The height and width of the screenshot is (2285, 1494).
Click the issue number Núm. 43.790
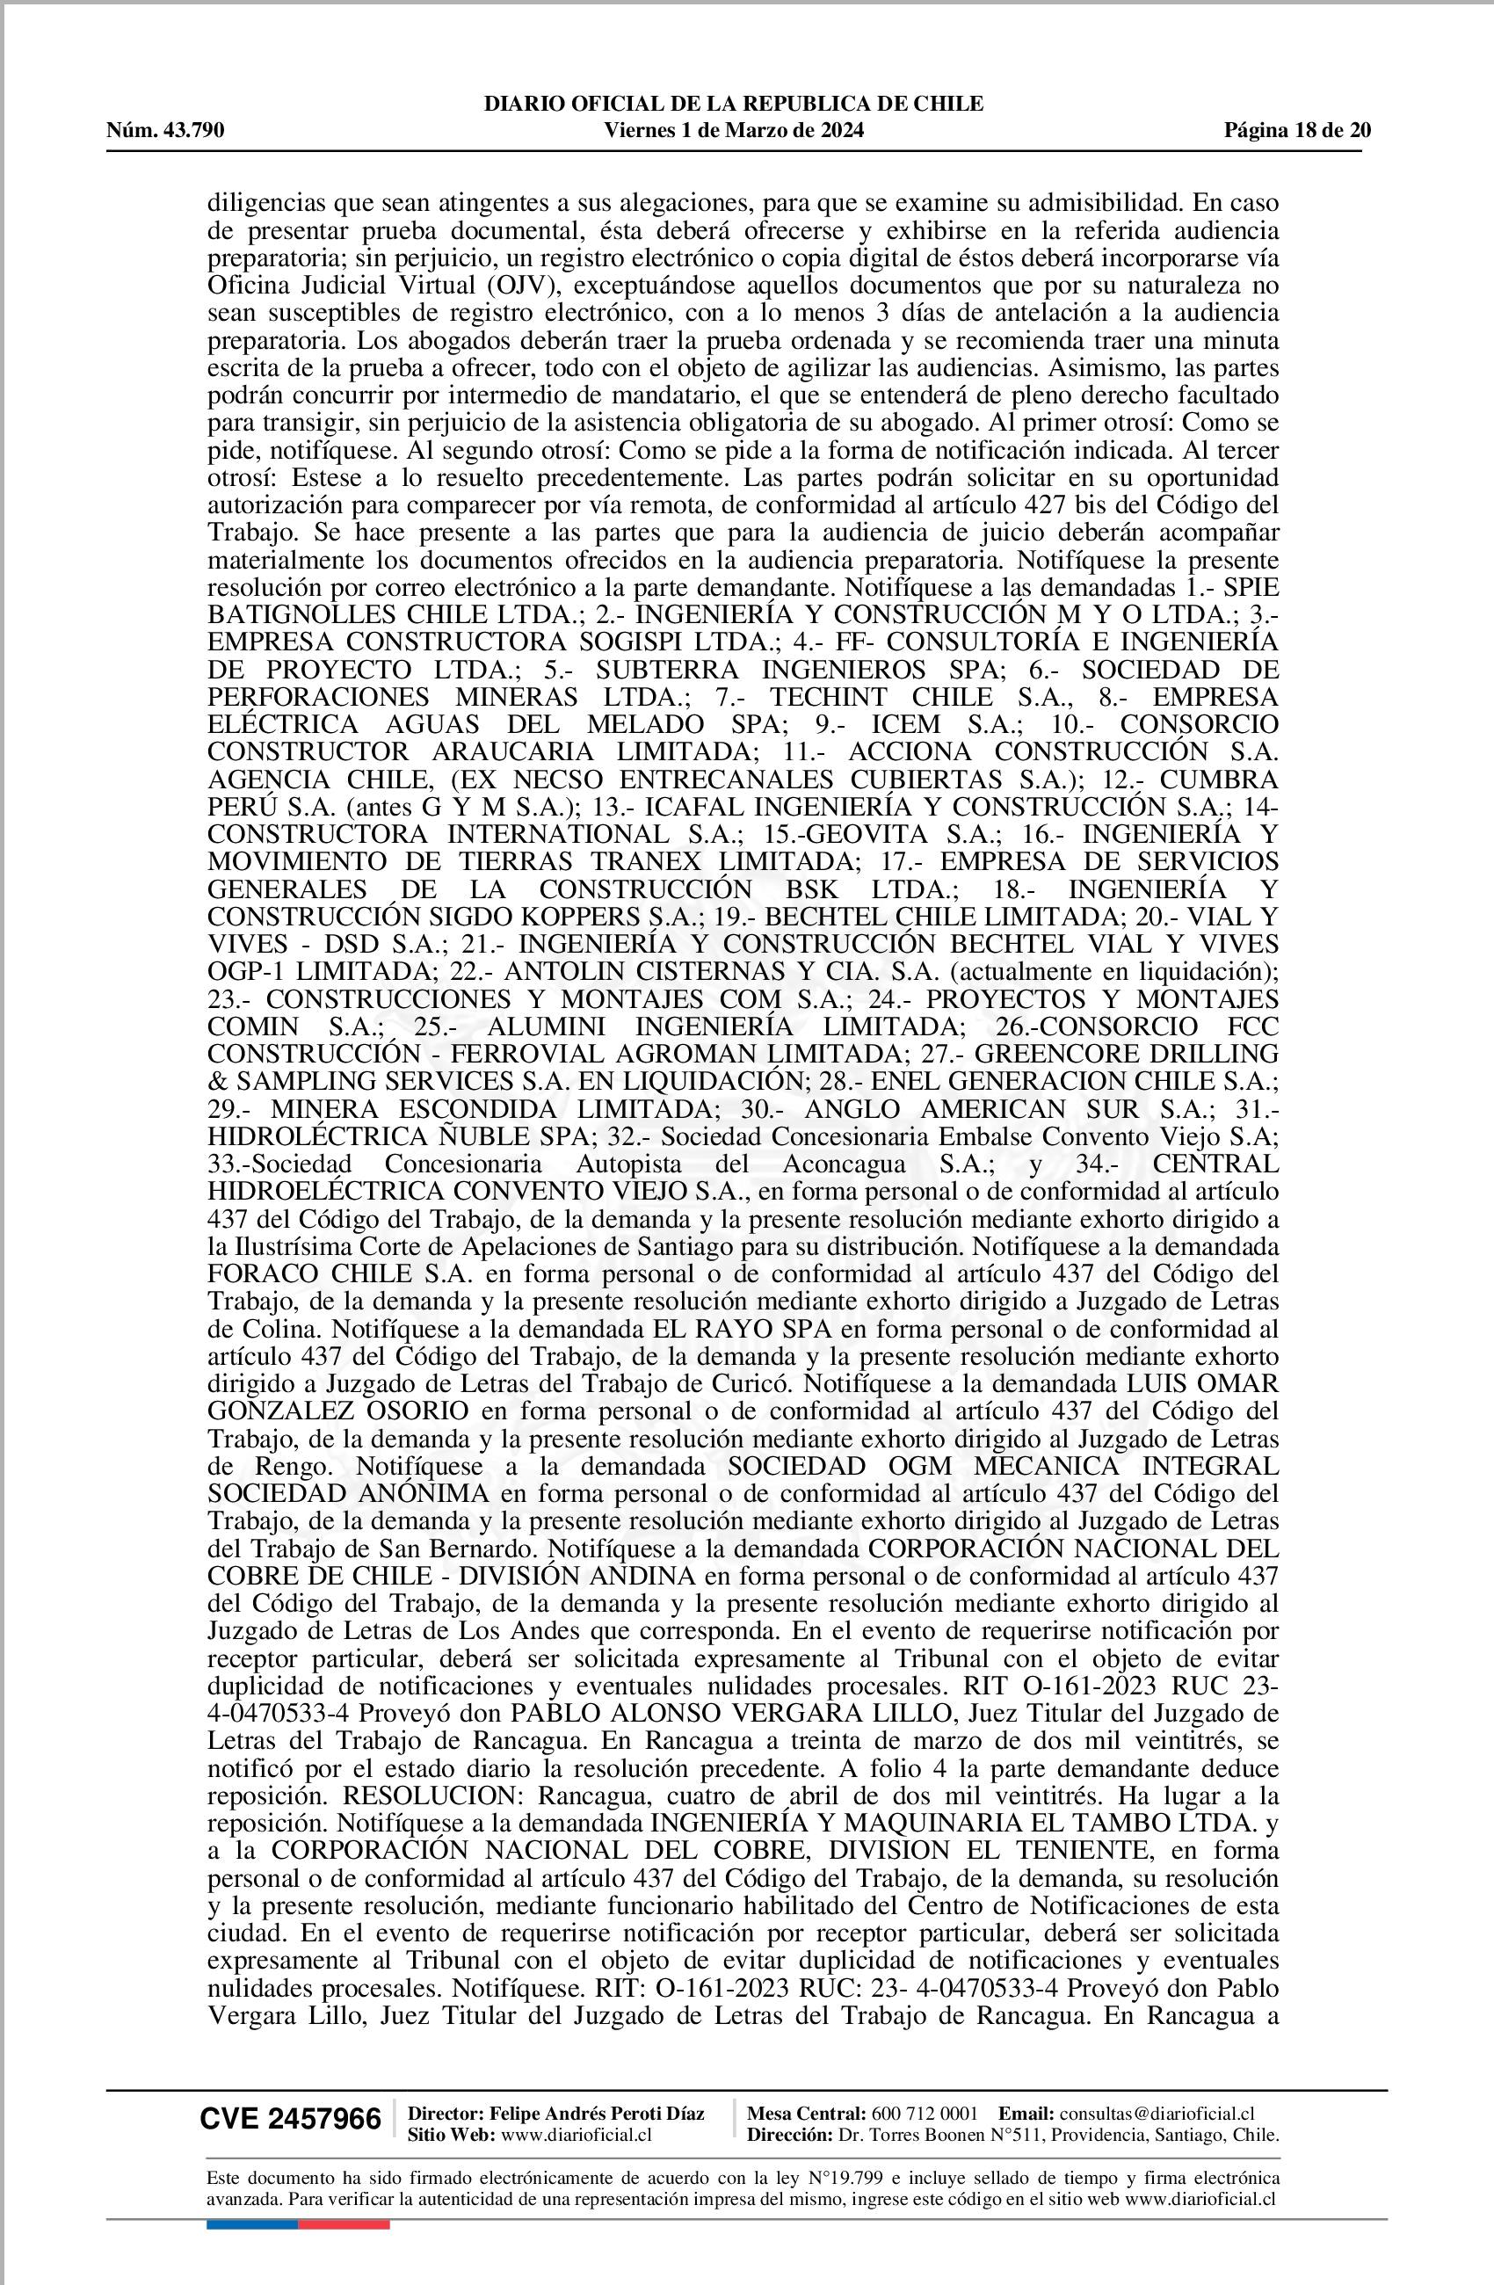165,131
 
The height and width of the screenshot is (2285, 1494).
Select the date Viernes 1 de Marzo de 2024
735,131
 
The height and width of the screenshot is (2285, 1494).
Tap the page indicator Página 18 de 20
1297,131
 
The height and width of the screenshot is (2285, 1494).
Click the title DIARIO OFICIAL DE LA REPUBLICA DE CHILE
735,104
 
